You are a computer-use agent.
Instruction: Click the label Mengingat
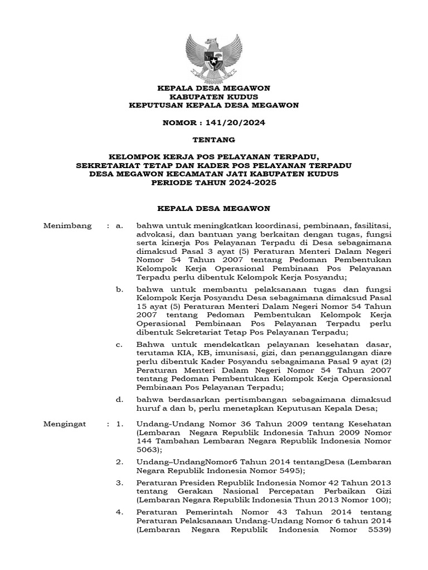pyautogui.click(x=66, y=424)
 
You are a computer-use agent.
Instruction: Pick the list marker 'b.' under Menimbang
pyautogui.click(x=119, y=289)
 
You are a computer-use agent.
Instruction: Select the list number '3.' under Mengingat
pyautogui.click(x=119, y=481)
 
